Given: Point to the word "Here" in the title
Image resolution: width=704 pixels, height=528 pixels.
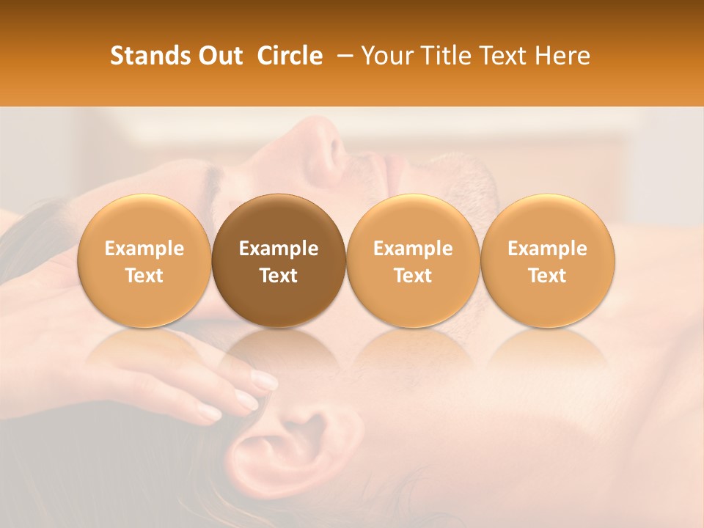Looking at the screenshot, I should pos(562,56).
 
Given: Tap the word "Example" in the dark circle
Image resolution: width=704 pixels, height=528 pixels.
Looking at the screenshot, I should pos(279,249).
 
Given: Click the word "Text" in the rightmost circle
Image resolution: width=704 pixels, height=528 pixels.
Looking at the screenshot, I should pos(548,276).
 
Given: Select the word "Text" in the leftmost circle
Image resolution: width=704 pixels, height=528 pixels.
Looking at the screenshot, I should pos(144,276).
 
